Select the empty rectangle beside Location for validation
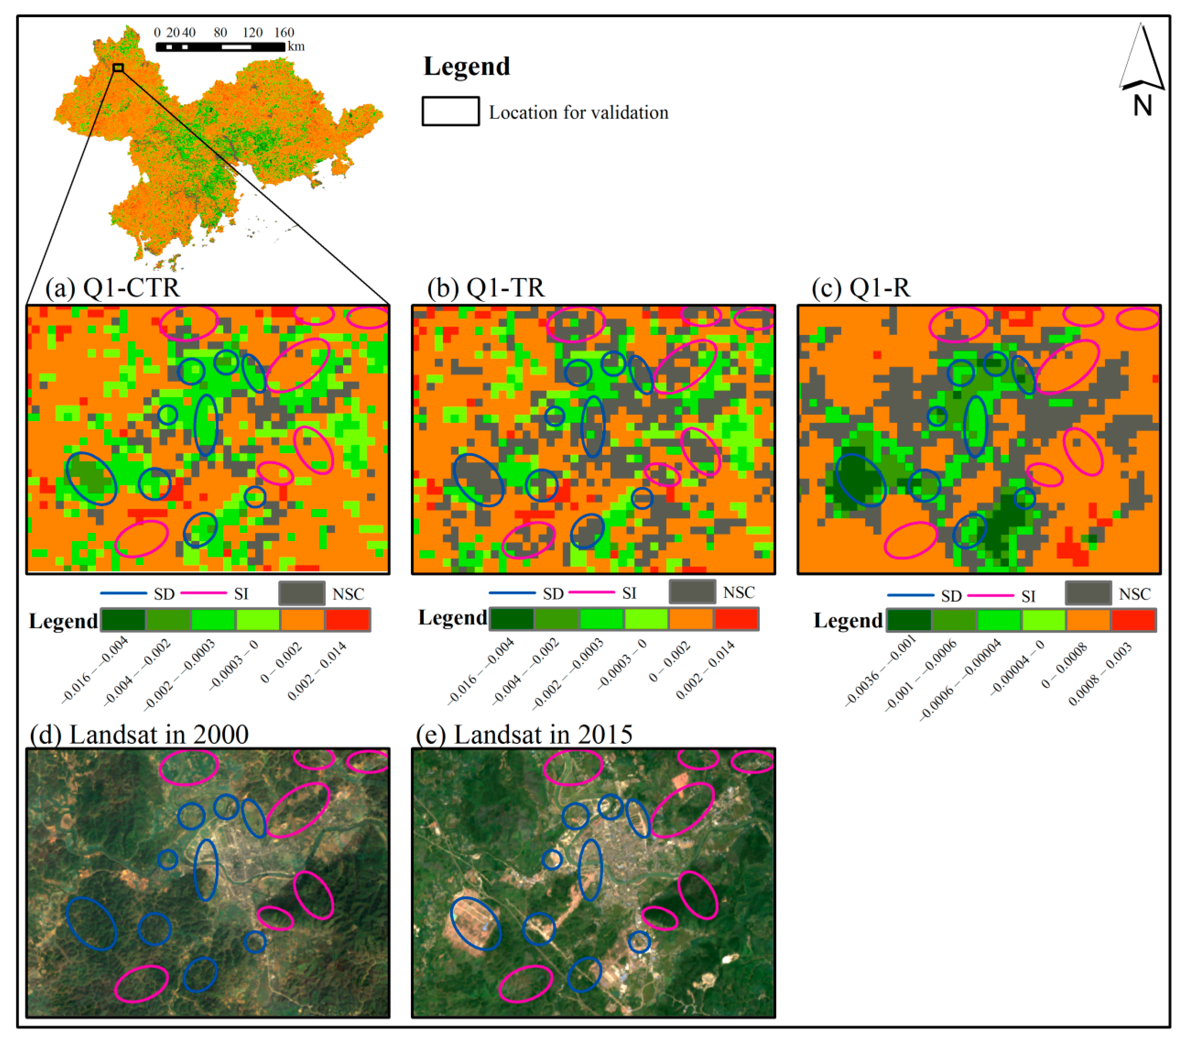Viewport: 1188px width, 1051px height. pos(450,111)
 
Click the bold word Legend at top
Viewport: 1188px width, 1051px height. pos(467,66)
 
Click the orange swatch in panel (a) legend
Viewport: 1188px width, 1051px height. pos(302,620)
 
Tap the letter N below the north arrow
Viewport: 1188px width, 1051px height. pos(1142,106)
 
